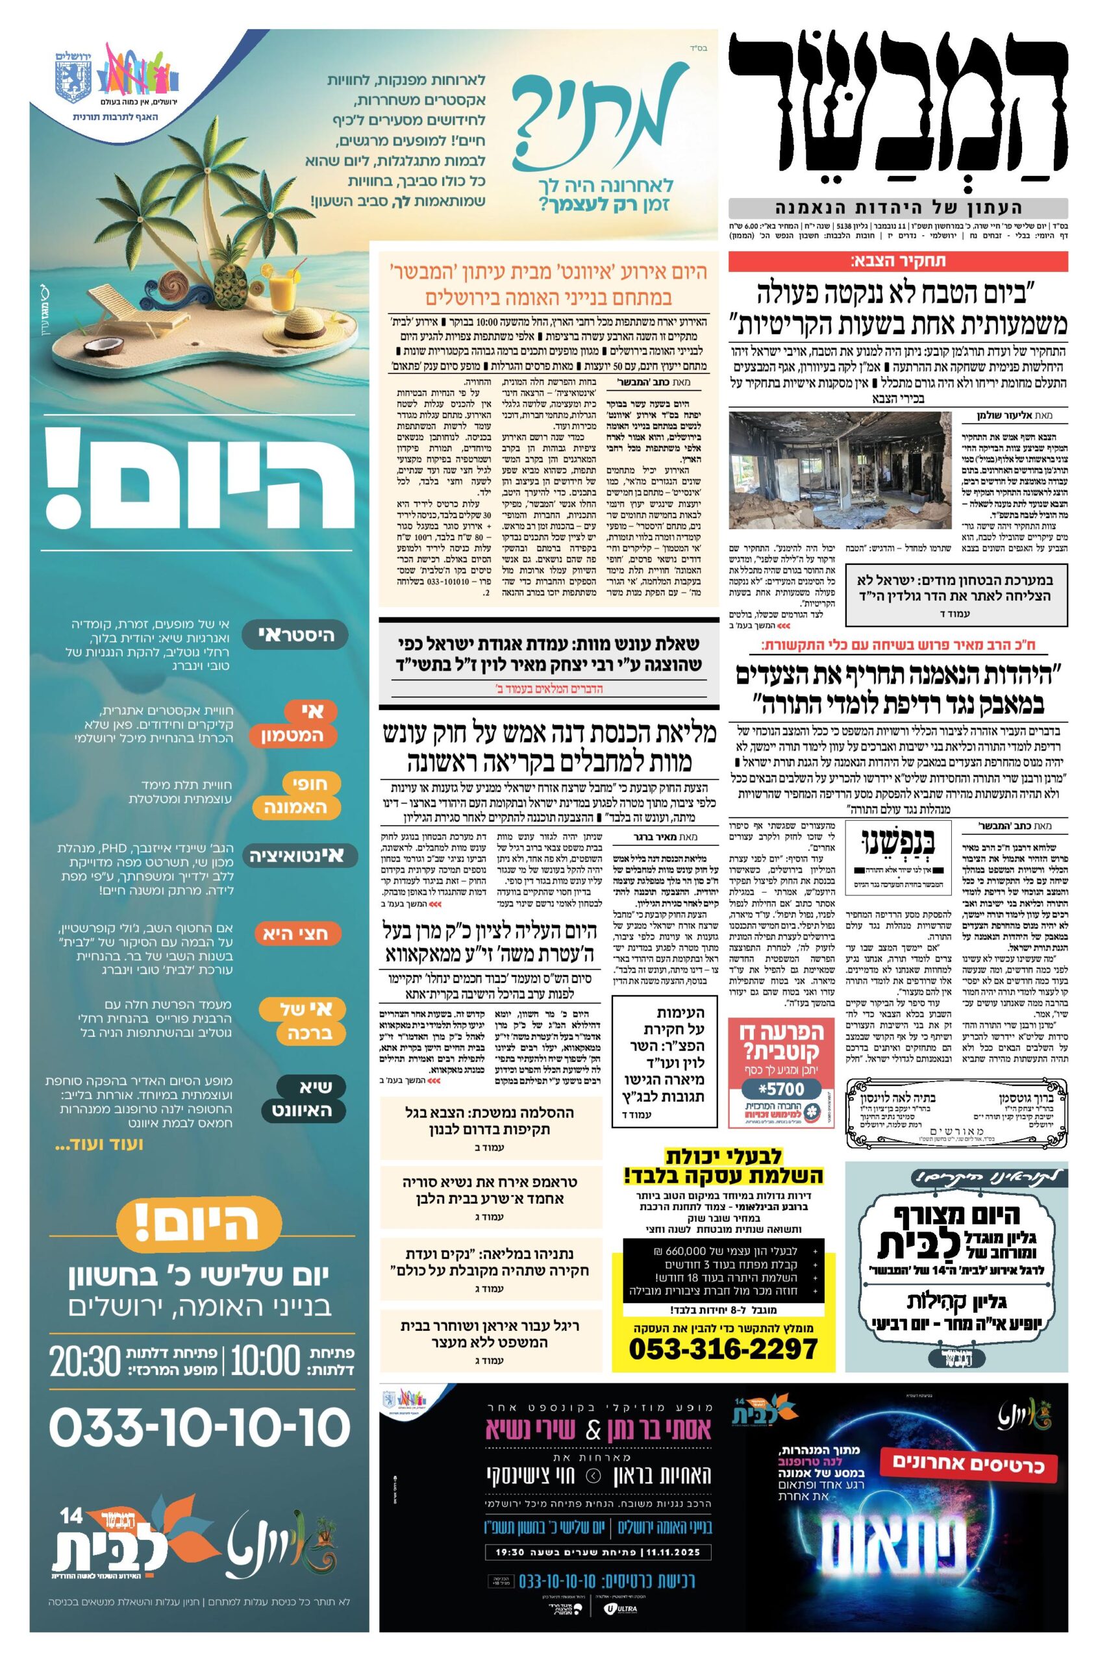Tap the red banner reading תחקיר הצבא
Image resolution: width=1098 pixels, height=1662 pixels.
click(898, 262)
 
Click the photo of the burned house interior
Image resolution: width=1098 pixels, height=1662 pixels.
click(840, 470)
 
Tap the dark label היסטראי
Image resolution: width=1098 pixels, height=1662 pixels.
click(297, 635)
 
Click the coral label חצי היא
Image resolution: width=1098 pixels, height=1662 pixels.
click(297, 933)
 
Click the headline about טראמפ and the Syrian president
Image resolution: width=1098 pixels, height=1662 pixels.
click(491, 1190)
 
